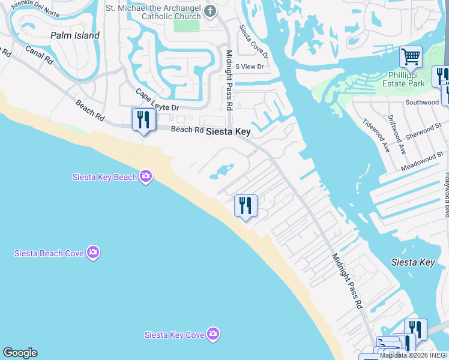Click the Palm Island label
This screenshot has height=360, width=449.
coord(75,35)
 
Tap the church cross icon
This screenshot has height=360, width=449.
coord(209,11)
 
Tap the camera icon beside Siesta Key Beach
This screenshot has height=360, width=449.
coord(145,176)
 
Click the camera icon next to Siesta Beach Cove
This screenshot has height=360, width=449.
coord(92,253)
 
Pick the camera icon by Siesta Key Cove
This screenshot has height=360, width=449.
coord(213,334)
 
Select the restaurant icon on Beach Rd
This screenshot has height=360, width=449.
coord(143,119)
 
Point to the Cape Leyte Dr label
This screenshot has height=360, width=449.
coord(157,100)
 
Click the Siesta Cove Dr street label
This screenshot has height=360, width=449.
coord(252,40)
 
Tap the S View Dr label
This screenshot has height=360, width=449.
coord(249,67)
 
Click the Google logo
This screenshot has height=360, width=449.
coord(20,353)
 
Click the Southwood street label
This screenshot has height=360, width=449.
coord(422,103)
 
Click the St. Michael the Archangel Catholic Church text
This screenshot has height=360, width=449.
coord(154,12)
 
